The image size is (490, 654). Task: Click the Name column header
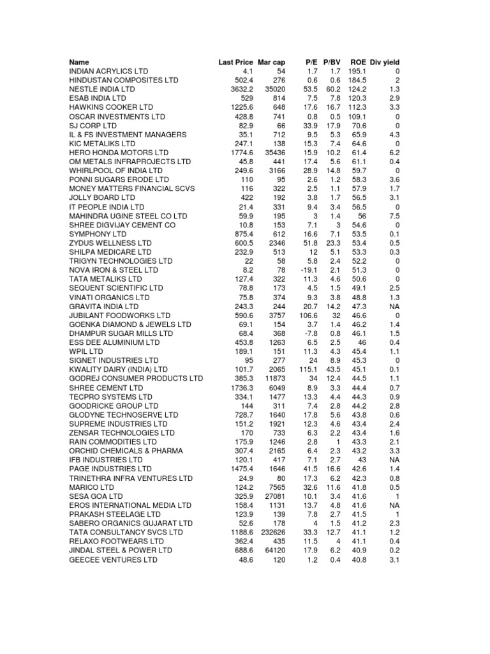coord(80,62)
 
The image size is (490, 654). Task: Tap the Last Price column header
coord(235,62)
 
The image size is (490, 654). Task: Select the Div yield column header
coord(385,62)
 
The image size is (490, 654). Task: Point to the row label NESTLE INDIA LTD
coord(102,89)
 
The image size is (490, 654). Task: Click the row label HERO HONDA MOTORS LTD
coord(119,153)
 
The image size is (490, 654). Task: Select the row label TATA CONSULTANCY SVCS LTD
coord(126,533)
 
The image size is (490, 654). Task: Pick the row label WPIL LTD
coord(86,351)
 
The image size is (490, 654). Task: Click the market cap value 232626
coord(272,533)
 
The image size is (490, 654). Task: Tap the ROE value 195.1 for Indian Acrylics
coord(357,72)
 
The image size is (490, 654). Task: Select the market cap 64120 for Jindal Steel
coord(274,551)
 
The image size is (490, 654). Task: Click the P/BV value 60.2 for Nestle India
coord(332,89)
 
